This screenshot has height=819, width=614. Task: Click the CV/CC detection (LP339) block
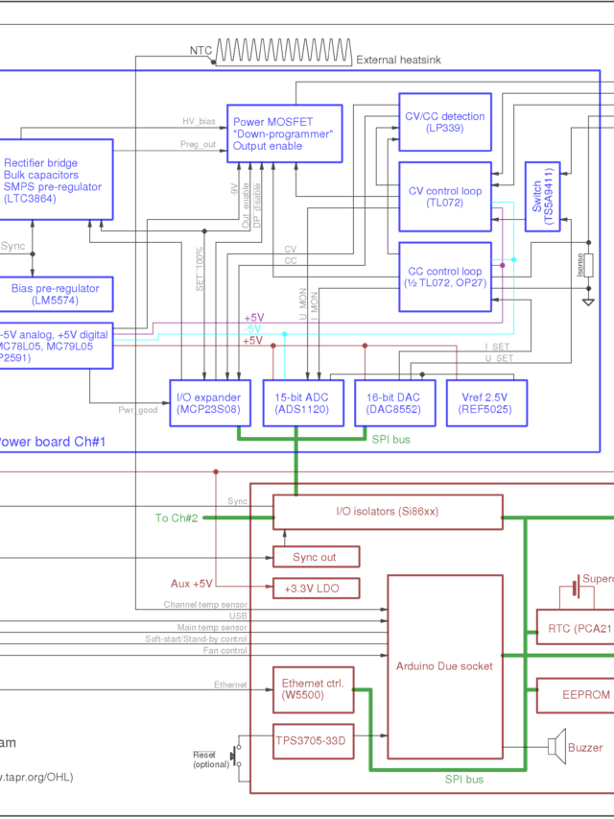pos(445,122)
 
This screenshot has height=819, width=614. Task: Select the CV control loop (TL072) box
pos(445,196)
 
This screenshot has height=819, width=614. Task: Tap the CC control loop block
pos(445,277)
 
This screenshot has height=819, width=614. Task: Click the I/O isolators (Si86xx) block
pos(388,511)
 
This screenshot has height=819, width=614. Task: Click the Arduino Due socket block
pos(445,664)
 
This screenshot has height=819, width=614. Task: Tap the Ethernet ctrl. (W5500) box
pos(313,690)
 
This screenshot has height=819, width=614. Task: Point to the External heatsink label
pos(398,60)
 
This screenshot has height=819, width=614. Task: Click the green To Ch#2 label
pos(177,518)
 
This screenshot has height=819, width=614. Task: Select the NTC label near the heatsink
pos(201,49)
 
